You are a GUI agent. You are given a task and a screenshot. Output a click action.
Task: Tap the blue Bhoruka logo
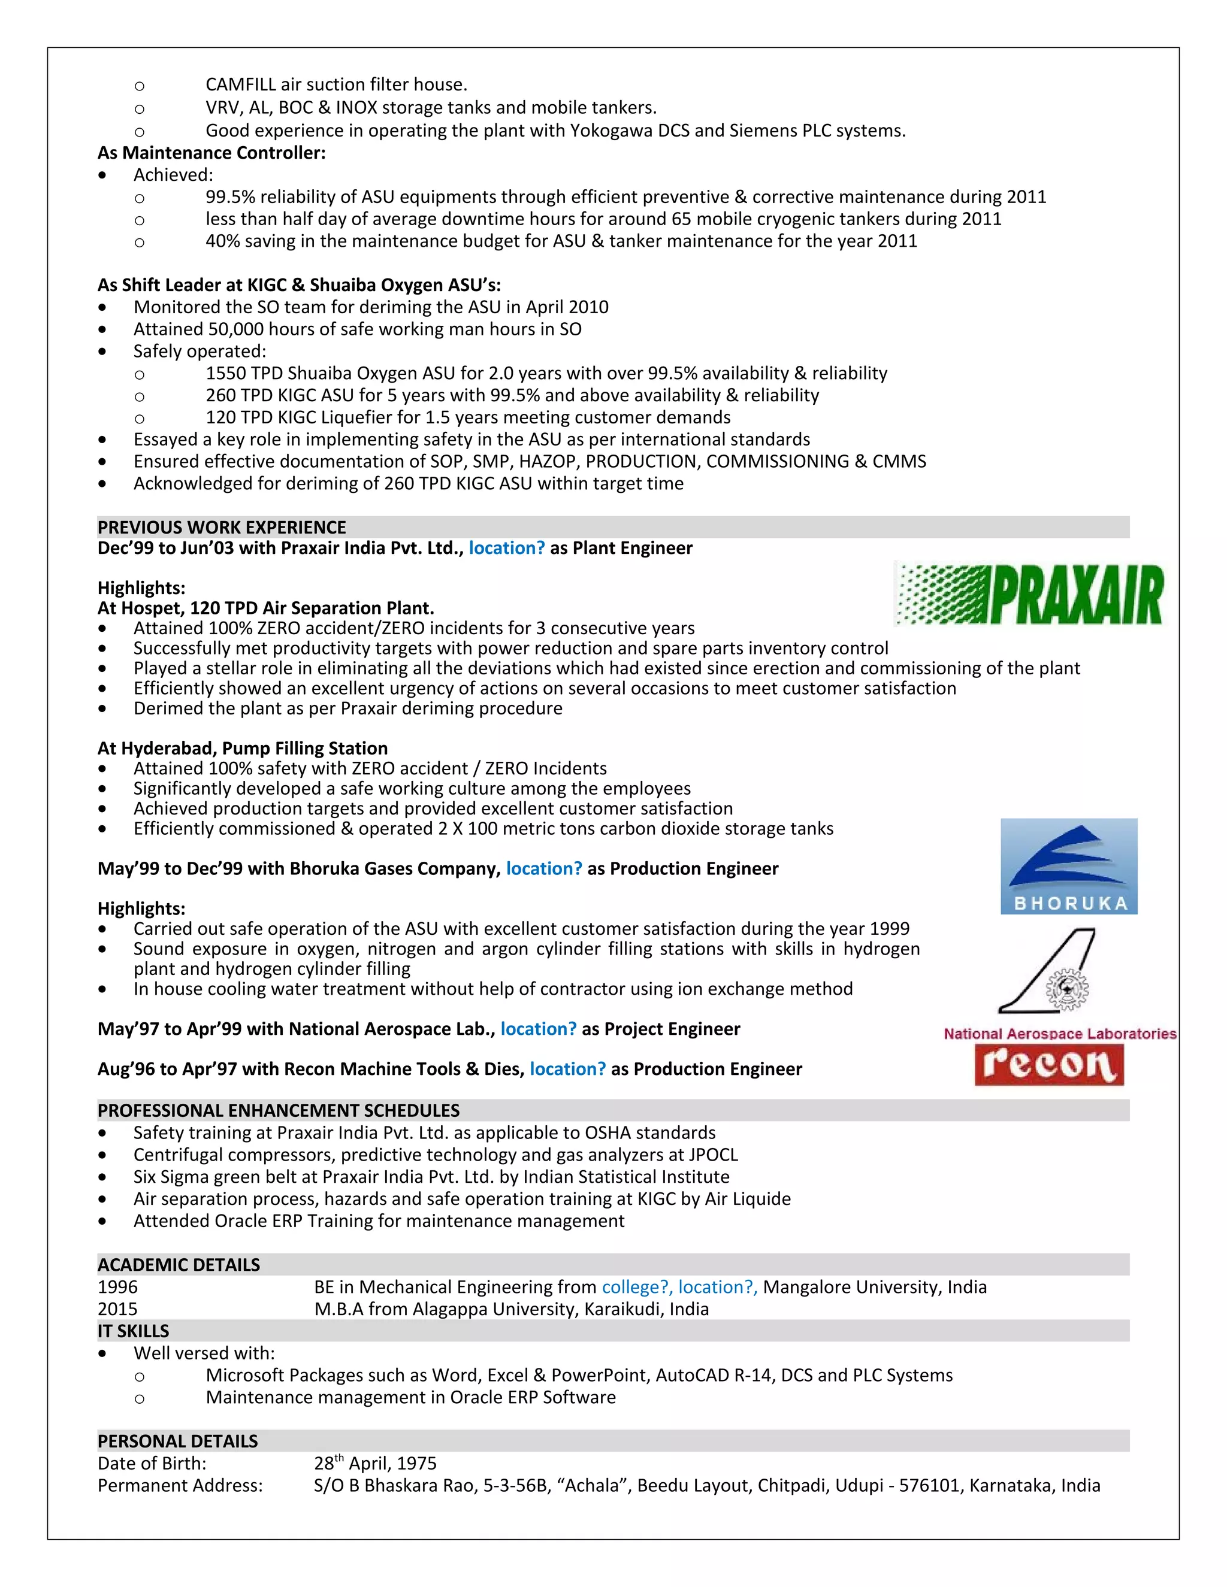1069,866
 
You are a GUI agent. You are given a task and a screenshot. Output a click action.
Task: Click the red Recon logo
1049,1065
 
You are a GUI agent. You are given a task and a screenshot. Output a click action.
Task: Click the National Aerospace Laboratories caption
1060,1033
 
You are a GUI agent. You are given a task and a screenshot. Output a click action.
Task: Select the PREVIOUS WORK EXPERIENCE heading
222,528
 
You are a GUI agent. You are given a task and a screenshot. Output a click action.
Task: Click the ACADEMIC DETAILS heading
179,1265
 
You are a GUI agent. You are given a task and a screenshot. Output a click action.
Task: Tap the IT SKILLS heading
133,1331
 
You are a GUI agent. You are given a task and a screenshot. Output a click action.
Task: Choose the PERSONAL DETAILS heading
177,1441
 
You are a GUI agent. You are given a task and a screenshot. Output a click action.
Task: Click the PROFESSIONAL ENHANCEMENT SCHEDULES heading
279,1110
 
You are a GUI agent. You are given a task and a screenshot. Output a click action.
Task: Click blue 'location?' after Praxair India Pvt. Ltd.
507,548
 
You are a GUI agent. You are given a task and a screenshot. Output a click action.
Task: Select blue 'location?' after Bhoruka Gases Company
544,868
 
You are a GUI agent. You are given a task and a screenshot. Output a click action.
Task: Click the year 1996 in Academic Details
118,1287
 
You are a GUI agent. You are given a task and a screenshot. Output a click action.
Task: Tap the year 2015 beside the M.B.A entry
118,1309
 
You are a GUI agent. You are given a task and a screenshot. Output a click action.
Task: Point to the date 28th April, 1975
375,1464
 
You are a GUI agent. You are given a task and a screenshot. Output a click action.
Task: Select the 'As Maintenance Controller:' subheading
211,153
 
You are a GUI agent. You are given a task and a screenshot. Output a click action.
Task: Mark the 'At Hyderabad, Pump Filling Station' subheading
243,749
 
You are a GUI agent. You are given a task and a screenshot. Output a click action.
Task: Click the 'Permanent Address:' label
180,1485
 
